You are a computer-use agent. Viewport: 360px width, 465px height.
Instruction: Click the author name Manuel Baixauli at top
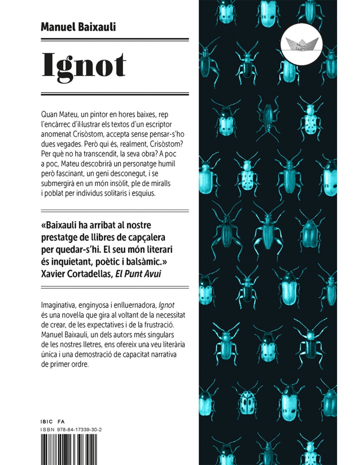(x=78, y=26)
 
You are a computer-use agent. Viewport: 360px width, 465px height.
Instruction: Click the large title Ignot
(x=84, y=66)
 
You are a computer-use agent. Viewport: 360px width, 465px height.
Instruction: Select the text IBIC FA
(x=53, y=422)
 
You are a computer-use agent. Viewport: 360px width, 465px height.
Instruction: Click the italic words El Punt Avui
(x=138, y=274)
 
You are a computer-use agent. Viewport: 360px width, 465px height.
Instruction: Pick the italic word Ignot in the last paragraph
(x=166, y=305)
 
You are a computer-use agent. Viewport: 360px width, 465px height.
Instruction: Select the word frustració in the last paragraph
(x=158, y=325)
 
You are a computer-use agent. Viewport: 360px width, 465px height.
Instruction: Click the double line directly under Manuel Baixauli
(x=115, y=40)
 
